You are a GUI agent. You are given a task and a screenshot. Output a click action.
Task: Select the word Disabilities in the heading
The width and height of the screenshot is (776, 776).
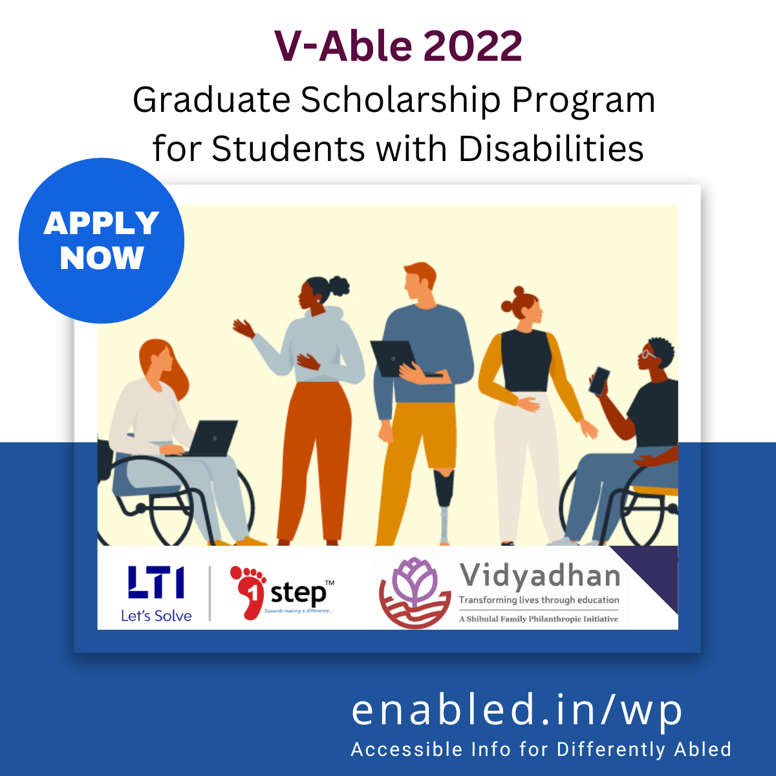[551, 149]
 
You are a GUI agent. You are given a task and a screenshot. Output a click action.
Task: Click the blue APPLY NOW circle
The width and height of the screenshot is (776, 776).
[102, 241]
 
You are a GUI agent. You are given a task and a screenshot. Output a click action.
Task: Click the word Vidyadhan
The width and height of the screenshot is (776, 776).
[539, 575]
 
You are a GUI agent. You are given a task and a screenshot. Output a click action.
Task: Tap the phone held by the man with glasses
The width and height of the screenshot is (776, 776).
[599, 380]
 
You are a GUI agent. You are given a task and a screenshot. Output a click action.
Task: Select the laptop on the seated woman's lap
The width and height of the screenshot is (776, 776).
[213, 438]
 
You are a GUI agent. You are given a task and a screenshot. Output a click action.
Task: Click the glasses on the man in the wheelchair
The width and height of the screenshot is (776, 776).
[648, 353]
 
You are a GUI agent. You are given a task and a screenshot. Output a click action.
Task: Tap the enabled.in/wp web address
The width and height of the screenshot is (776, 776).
[517, 710]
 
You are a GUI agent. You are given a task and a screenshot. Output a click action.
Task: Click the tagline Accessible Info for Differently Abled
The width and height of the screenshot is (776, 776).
[541, 749]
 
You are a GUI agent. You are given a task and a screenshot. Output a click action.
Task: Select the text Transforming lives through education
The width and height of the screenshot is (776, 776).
[539, 600]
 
